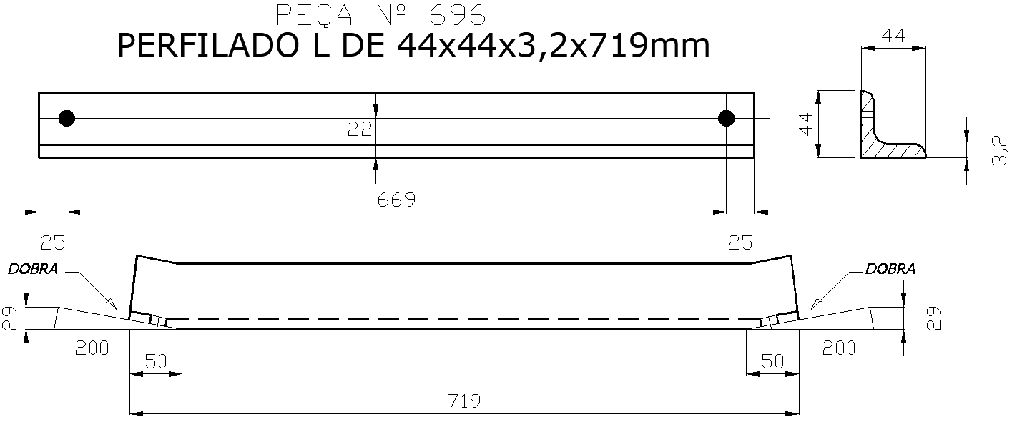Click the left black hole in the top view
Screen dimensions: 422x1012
pos(67,118)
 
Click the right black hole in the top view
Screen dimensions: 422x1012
pos(727,118)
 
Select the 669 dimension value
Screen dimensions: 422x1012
pos(397,200)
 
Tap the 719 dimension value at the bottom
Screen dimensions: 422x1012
pos(463,401)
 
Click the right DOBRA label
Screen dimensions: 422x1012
pos(890,270)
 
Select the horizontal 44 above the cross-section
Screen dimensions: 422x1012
pos(892,34)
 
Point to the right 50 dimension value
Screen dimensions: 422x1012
pos(772,362)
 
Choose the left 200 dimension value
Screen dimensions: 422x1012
pos(92,348)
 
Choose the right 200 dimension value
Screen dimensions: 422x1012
pos(839,348)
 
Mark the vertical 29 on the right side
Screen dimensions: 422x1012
pos(934,318)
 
